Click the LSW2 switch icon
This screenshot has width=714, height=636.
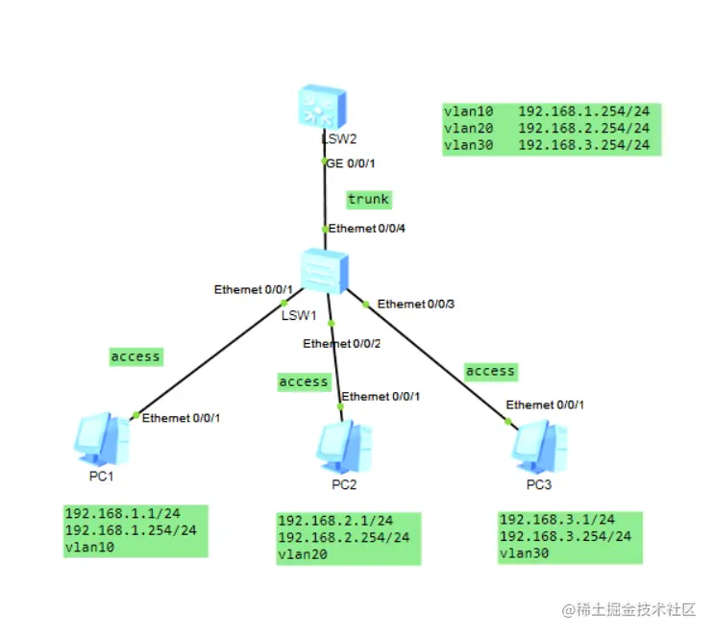point(320,108)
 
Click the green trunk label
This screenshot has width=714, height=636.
point(369,199)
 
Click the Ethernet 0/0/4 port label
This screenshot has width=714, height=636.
point(365,229)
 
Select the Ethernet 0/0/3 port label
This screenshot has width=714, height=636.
point(415,304)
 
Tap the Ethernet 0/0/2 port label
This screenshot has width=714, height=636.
point(340,343)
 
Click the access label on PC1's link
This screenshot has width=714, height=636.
point(135,356)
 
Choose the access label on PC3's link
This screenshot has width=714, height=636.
point(490,371)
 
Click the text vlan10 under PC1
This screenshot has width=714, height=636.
point(88,546)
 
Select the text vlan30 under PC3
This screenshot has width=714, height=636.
point(524,552)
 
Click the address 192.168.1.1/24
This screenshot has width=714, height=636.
point(121,513)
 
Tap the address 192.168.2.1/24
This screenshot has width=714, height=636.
point(334,521)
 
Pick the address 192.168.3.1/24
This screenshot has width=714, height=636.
point(556,519)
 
